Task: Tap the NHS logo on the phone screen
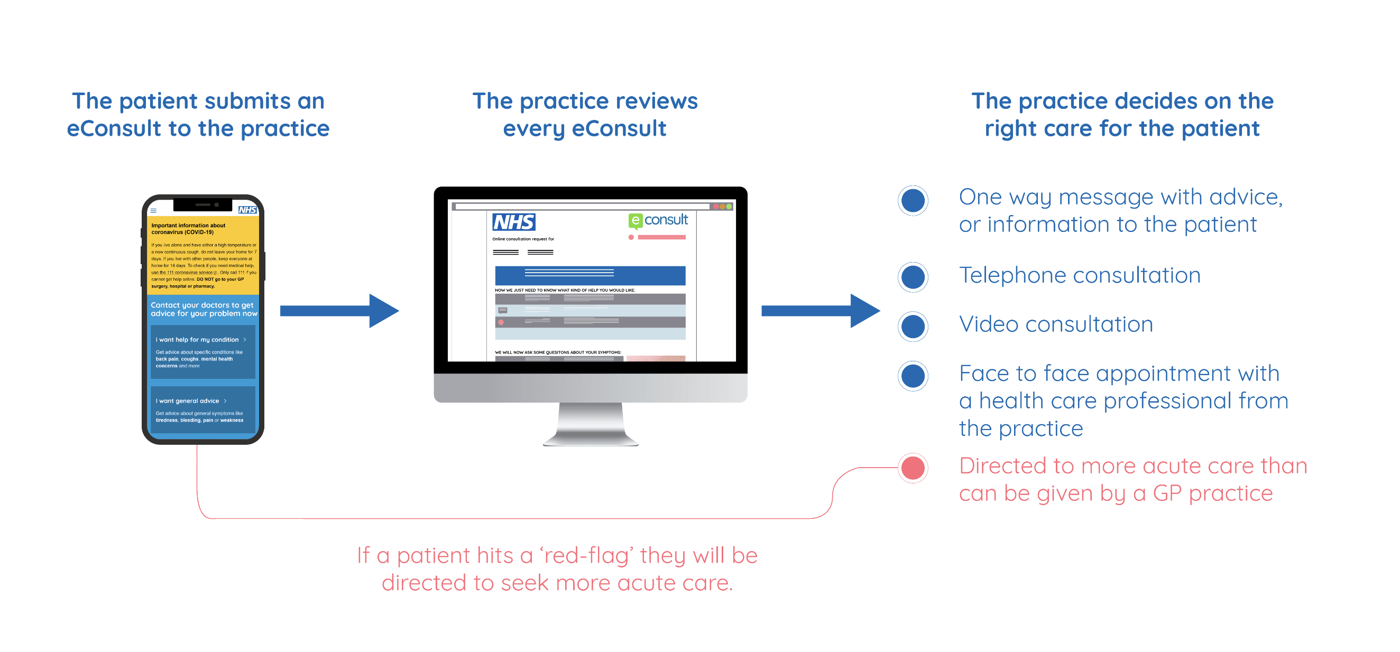247,210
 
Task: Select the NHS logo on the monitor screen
513,222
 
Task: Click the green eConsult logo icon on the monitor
635,221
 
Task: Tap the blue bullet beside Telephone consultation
913,277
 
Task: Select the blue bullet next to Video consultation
913,326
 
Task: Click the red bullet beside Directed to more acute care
913,468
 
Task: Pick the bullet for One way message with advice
913,200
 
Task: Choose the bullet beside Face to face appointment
913,376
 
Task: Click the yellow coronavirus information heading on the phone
188,229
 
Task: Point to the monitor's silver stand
590,424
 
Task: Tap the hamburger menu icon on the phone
154,210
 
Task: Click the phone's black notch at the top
202,205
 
